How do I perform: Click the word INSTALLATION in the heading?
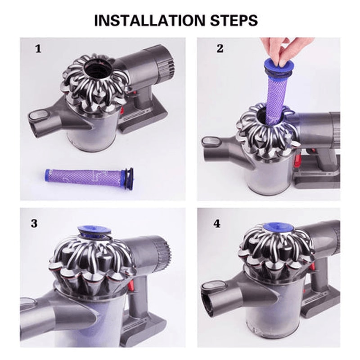147,20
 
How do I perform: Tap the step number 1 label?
38,49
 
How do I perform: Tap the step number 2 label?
220,49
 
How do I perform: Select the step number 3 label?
35,224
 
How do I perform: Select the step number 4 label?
217,224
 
